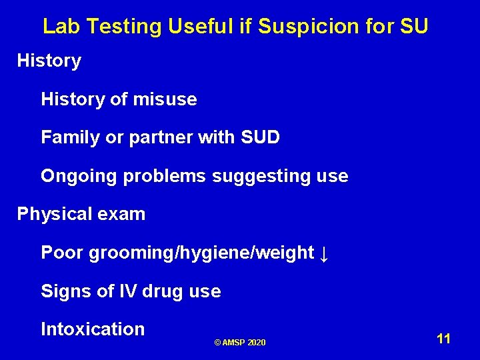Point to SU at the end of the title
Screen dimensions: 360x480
(x=415, y=27)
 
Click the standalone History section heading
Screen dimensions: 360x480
(x=49, y=61)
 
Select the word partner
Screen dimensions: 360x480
(x=158, y=138)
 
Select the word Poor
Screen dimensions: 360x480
(x=62, y=253)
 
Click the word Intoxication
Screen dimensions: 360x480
(x=93, y=329)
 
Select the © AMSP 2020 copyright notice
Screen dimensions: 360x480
(x=240, y=343)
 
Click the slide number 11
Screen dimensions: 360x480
(x=444, y=339)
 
